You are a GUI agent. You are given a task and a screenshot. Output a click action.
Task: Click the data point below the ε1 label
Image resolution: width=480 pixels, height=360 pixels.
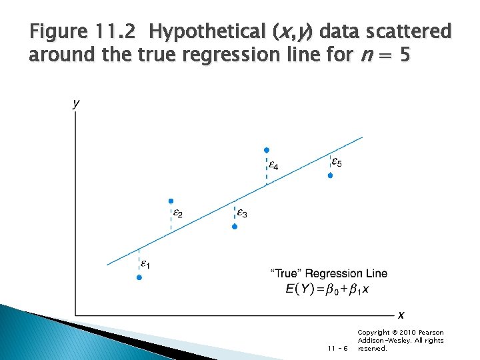click(139, 277)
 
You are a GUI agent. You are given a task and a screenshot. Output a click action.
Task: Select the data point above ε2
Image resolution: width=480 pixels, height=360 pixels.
click(171, 201)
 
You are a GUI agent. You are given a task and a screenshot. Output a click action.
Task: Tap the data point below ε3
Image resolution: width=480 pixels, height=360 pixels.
click(235, 227)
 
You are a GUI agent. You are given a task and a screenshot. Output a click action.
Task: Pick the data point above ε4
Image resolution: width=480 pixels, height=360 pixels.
click(267, 150)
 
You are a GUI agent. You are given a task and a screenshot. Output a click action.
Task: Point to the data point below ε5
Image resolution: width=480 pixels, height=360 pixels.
click(330, 175)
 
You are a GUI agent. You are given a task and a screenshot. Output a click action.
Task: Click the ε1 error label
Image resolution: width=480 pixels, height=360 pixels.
click(145, 265)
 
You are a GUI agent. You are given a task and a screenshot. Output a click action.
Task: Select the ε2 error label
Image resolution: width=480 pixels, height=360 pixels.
click(177, 214)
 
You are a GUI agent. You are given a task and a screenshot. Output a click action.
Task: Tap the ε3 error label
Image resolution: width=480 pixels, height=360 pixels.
click(242, 214)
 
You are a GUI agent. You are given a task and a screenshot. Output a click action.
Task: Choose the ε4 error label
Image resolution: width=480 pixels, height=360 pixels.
click(273, 164)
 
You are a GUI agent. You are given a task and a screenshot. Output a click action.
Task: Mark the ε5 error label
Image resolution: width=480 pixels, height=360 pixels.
click(337, 162)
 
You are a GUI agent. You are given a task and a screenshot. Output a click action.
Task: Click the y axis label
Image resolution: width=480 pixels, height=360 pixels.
click(76, 103)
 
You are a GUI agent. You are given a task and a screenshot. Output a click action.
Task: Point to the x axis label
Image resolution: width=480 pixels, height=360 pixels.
click(401, 315)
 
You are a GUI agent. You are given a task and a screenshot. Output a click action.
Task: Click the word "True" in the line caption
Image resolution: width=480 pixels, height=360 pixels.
click(289, 273)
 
